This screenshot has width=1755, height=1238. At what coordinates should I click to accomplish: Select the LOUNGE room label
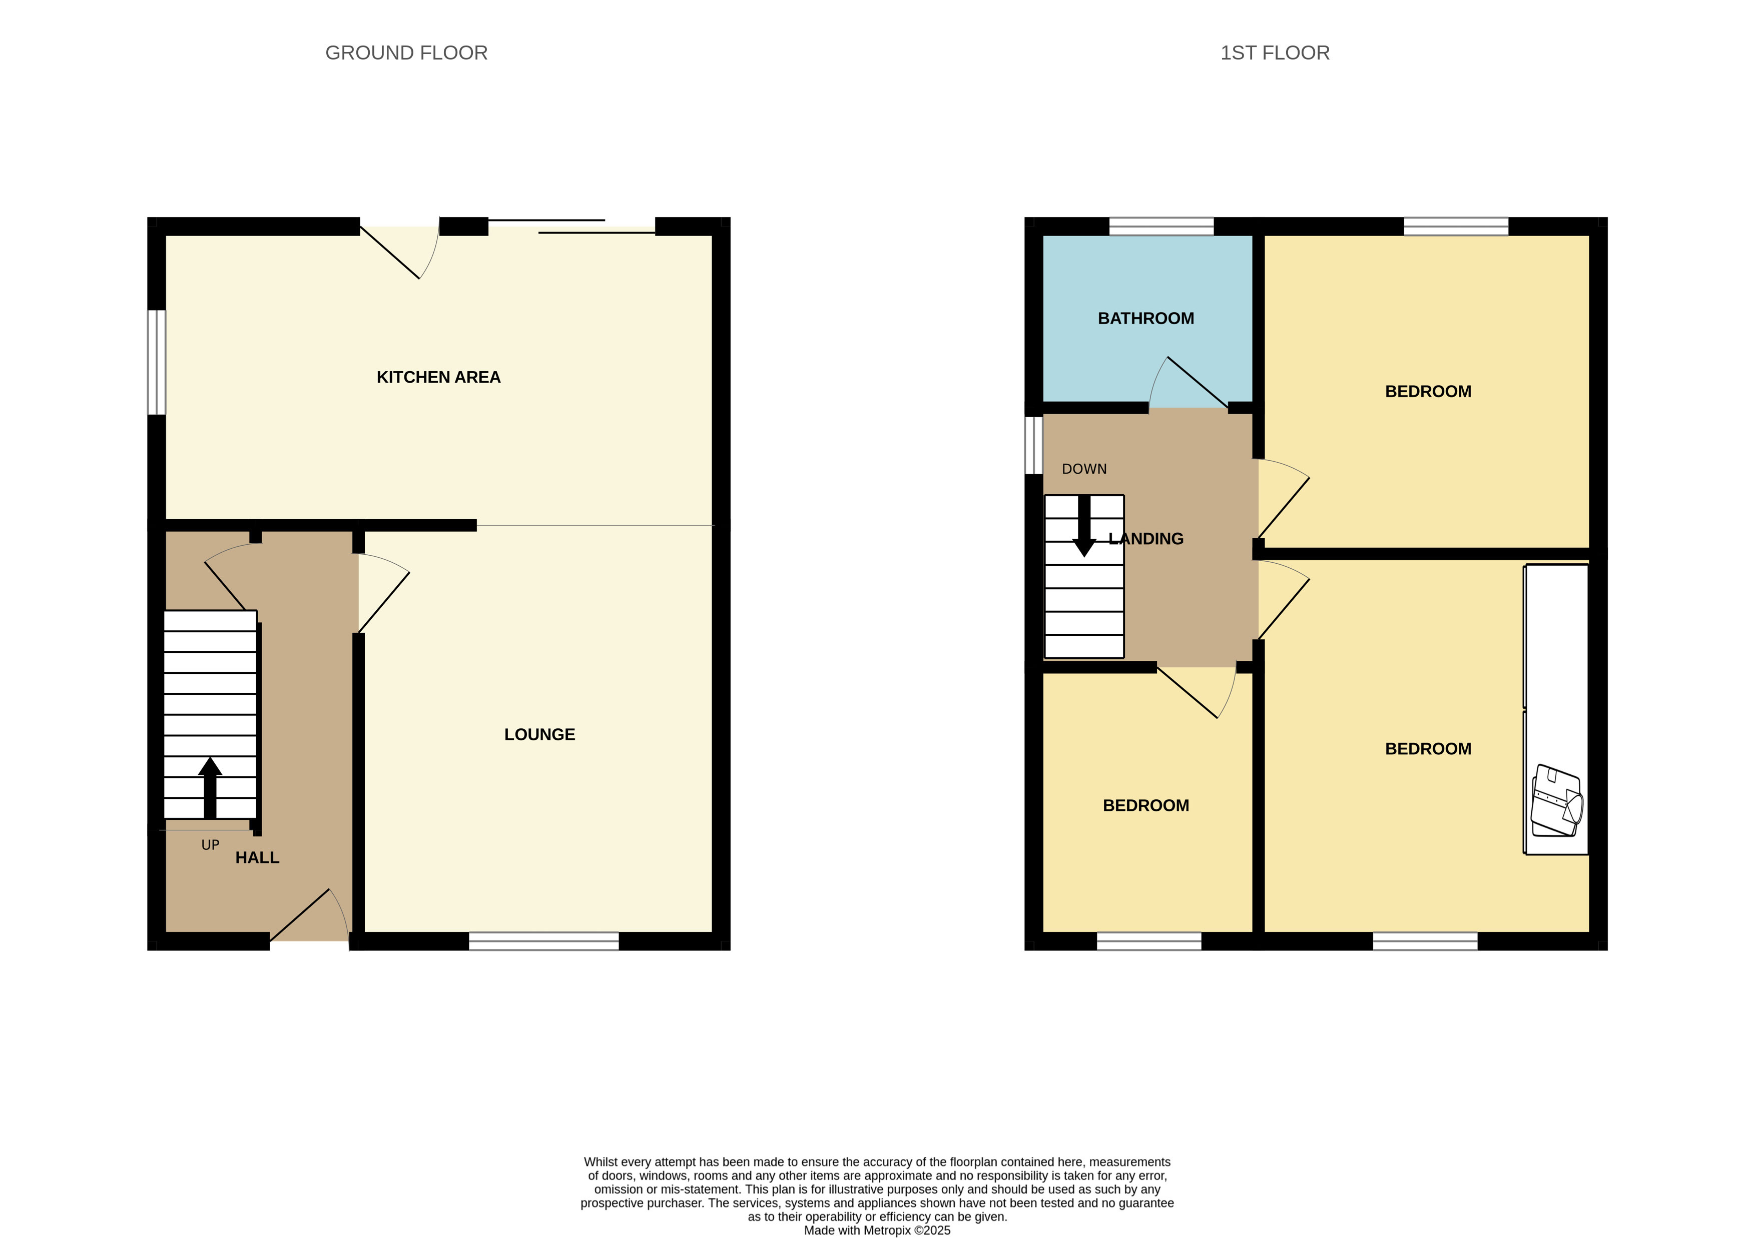tap(539, 734)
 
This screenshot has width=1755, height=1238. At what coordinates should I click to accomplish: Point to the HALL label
tap(257, 857)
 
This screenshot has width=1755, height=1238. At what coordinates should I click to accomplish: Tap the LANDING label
tap(1146, 539)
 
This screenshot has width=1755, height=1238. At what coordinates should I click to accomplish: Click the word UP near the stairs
tap(210, 844)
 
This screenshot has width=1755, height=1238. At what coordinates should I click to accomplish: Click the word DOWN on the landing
tap(1084, 469)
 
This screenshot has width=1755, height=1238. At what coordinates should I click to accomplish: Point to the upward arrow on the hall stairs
tap(210, 787)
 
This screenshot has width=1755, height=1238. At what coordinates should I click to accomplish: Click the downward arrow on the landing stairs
tap(1084, 526)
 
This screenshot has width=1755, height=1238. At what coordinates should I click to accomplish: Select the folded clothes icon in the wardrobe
tap(1556, 800)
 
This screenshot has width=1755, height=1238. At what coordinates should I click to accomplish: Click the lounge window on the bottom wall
tap(543, 941)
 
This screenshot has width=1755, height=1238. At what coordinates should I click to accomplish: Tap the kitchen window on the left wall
tap(157, 362)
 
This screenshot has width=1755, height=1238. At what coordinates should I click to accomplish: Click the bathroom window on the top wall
tap(1161, 226)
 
